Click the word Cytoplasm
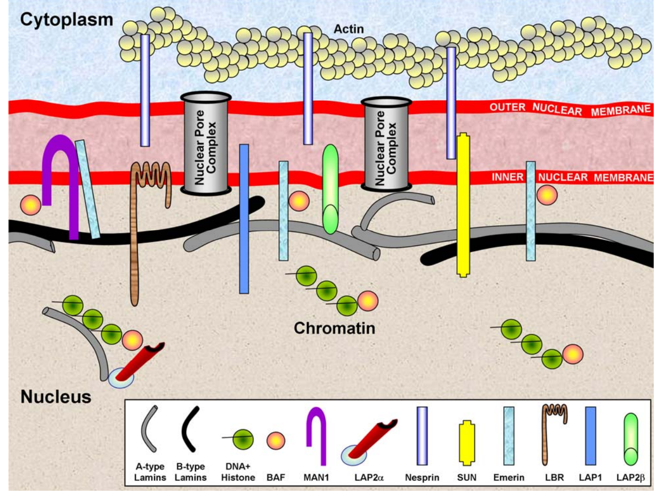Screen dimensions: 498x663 (66, 20)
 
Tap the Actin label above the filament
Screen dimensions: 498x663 (348, 29)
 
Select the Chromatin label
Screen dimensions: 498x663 (334, 328)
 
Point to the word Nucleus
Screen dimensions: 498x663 (56, 397)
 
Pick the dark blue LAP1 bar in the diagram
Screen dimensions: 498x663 (244, 217)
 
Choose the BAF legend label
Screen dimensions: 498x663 (276, 477)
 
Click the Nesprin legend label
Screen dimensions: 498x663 (422, 477)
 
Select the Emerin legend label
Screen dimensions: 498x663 (508, 477)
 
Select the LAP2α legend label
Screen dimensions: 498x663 (369, 477)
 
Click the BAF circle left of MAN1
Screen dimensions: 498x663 (31, 205)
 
